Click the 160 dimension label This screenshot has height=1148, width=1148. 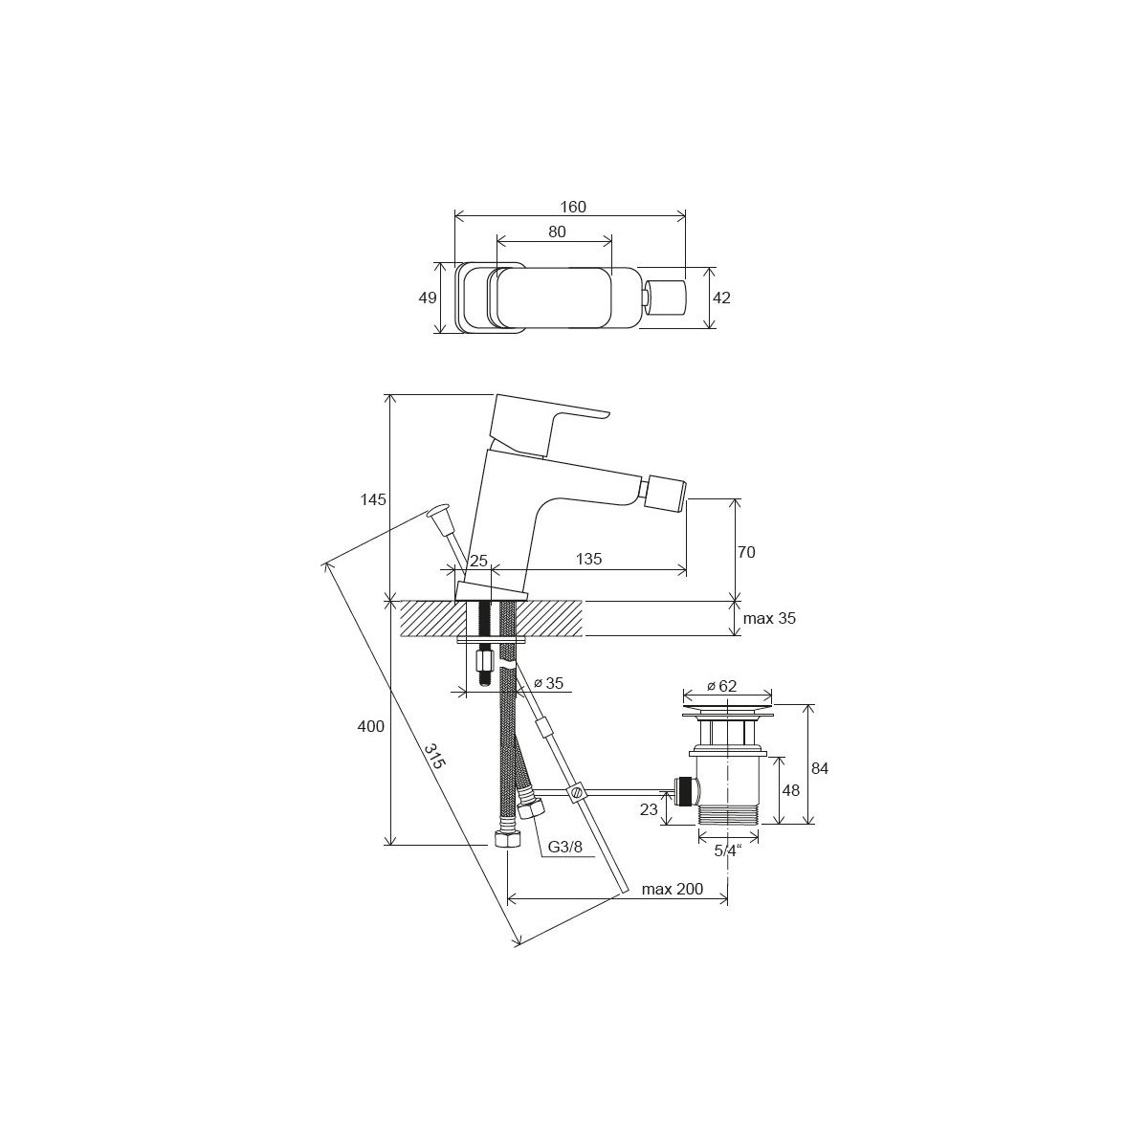(x=572, y=207)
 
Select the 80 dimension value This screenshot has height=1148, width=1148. (x=557, y=232)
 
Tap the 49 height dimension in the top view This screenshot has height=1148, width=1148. (x=427, y=298)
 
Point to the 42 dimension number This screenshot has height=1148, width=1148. (x=721, y=298)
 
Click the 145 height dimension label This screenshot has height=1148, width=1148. (x=373, y=499)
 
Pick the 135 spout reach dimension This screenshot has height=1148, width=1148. (x=588, y=559)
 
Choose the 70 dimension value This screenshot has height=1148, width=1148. (x=746, y=552)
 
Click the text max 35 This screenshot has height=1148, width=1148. (x=769, y=618)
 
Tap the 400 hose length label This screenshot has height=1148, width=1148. (x=370, y=726)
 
